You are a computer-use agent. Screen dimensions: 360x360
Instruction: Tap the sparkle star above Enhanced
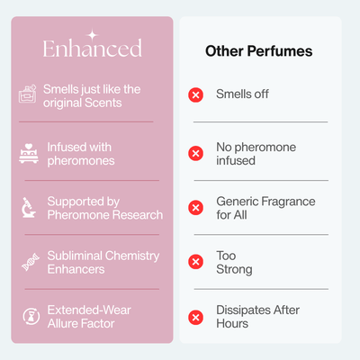tap(93, 35)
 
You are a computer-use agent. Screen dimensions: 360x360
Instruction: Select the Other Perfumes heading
tap(259, 51)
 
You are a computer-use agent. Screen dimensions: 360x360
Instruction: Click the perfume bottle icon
tap(28, 94)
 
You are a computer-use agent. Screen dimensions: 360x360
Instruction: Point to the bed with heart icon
tap(29, 153)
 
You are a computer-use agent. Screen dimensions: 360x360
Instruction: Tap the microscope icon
tap(29, 207)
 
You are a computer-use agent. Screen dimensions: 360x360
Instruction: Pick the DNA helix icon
tap(31, 262)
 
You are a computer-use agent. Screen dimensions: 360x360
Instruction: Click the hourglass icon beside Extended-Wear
tap(31, 316)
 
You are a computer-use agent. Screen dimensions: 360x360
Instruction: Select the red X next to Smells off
tap(196, 95)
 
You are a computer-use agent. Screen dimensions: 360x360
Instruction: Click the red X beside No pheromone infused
tap(196, 153)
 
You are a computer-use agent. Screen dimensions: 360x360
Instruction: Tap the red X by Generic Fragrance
tap(196, 208)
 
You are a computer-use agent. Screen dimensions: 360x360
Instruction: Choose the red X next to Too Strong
tap(196, 262)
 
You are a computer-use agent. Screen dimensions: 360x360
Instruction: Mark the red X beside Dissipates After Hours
tap(196, 318)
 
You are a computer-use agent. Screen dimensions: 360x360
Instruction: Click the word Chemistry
tap(132, 256)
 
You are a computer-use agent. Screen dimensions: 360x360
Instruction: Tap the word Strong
tap(234, 270)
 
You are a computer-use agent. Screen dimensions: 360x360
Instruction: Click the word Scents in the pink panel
tap(103, 103)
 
